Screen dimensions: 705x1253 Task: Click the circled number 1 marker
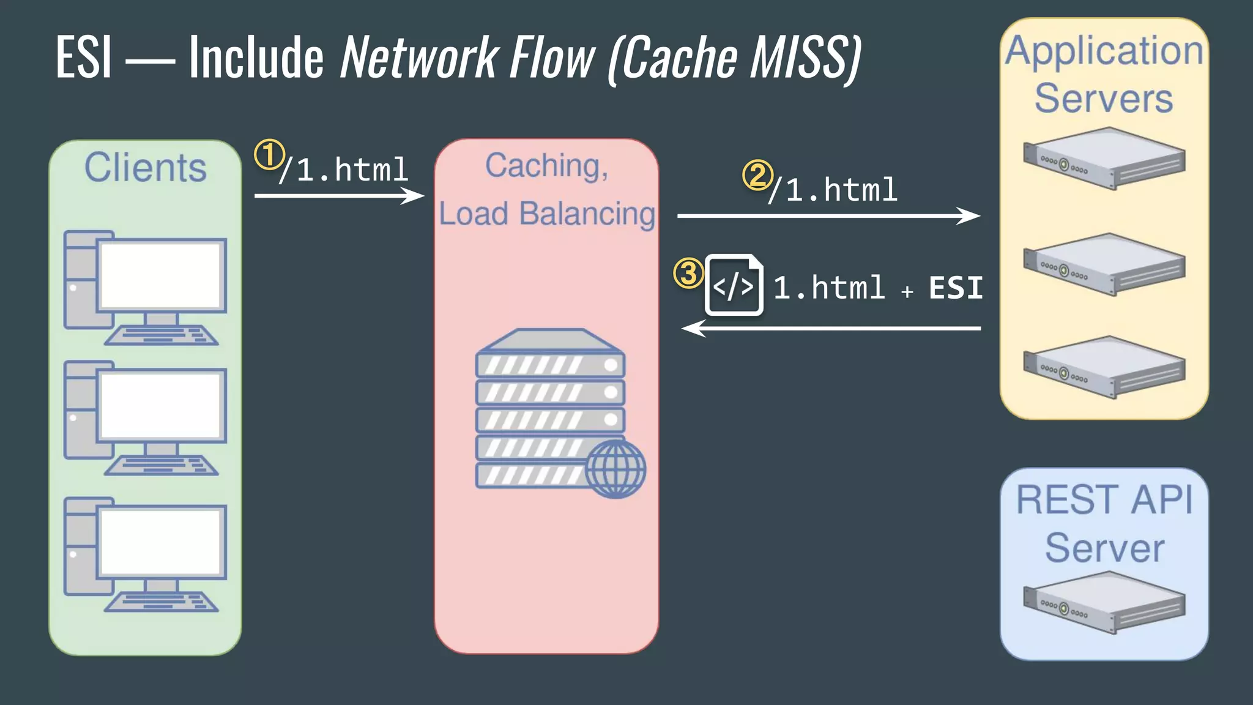point(269,155)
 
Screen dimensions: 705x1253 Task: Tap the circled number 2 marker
point(757,176)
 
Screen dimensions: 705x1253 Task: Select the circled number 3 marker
point(688,273)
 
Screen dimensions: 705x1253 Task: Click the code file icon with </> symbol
point(734,285)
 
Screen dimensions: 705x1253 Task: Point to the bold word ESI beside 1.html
point(955,288)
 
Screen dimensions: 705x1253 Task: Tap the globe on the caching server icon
point(615,468)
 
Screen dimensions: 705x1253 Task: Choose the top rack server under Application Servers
point(1104,159)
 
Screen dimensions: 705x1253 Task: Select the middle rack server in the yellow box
point(1104,264)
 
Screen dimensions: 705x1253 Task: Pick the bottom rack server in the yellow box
point(1104,367)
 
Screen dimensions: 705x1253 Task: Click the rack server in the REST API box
point(1104,602)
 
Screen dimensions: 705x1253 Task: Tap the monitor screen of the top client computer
point(160,275)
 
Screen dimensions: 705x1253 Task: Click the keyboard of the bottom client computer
point(161,602)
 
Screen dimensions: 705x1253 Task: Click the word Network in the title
point(419,58)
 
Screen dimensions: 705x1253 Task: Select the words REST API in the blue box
point(1104,500)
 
